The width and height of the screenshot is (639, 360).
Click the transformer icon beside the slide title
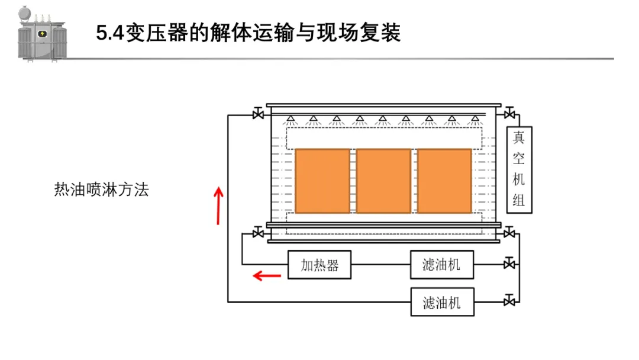tap(41, 33)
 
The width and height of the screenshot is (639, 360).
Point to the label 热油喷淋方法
tap(101, 190)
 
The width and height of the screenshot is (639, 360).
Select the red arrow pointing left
tap(267, 275)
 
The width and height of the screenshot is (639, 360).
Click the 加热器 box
tap(319, 265)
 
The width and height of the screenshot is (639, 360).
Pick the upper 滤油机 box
tap(441, 265)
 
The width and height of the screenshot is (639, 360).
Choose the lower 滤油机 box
tap(441, 303)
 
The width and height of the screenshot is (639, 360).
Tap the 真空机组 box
tap(519, 169)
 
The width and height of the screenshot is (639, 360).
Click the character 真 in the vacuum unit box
tap(519, 138)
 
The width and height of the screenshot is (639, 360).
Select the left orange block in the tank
tap(322, 181)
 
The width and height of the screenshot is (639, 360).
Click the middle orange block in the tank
tap(383, 181)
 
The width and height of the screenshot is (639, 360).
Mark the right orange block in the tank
tap(444, 181)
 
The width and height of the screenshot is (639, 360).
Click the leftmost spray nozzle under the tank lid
tap(291, 120)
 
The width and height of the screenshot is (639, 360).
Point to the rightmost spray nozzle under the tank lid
tap(474, 120)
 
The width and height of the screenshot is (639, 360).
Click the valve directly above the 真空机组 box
tap(509, 113)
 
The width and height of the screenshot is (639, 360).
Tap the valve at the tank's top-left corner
tap(258, 113)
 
